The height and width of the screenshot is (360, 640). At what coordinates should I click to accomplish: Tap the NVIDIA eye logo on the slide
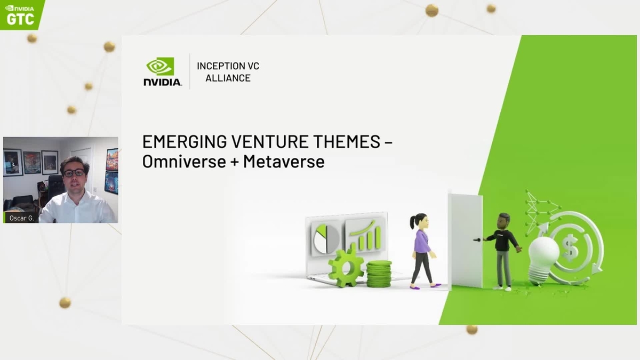pyautogui.click(x=160, y=66)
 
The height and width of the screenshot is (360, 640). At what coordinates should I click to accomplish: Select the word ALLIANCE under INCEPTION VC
pyautogui.click(x=228, y=78)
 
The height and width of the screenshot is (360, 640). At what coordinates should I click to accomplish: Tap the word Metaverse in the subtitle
pyautogui.click(x=284, y=161)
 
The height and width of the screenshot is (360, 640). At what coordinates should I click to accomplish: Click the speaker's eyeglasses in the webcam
pyautogui.click(x=74, y=172)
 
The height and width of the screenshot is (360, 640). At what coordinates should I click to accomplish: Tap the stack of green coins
pyautogui.click(x=379, y=274)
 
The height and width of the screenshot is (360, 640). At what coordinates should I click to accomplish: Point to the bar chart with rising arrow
pyautogui.click(x=365, y=235)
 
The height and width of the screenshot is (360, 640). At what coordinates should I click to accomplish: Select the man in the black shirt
pyautogui.click(x=502, y=251)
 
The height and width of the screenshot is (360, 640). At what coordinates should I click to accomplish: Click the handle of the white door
pyautogui.click(x=477, y=240)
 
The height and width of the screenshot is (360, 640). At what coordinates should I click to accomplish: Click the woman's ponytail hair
pyautogui.click(x=413, y=220)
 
